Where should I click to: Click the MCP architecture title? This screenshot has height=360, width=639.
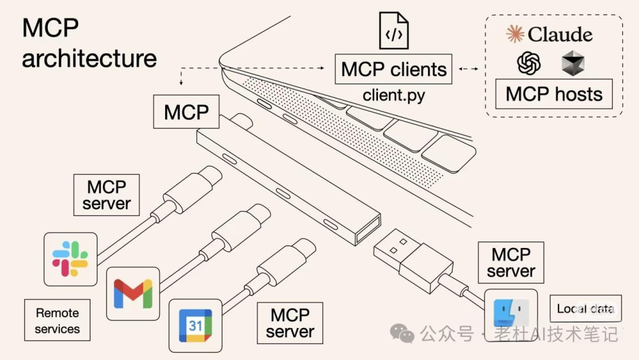click(89, 44)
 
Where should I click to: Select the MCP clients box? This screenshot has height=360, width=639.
click(394, 69)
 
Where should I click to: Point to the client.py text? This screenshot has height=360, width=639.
click(393, 95)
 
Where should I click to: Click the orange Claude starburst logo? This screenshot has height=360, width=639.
click(515, 34)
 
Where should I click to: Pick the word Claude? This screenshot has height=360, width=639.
click(560, 34)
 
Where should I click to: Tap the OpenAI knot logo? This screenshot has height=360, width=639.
click(529, 63)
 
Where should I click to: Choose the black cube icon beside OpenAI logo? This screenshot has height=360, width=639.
click(573, 63)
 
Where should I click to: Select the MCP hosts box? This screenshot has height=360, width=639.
click(554, 95)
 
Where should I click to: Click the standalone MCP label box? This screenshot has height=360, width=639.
click(186, 112)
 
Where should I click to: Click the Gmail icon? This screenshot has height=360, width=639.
click(133, 294)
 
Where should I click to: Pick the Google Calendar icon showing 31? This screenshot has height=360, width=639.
click(195, 325)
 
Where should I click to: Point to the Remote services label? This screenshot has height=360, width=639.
click(57, 320)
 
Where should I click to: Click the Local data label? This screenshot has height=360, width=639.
click(585, 308)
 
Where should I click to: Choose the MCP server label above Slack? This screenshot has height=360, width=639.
click(106, 195)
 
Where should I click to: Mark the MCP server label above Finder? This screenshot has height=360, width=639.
click(511, 262)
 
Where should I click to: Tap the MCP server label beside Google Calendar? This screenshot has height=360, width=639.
click(289, 323)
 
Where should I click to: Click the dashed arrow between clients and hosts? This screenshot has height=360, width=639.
click(469, 69)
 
